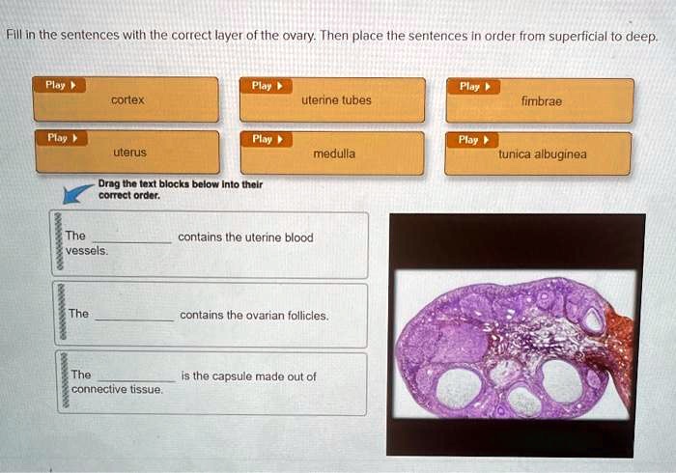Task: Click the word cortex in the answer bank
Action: (x=127, y=100)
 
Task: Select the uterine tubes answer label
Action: (x=336, y=100)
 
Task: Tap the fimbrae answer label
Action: (x=542, y=100)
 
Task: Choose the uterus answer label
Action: (x=129, y=153)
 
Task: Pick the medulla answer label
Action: (x=334, y=153)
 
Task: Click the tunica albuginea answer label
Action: (x=542, y=153)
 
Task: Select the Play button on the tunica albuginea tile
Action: (x=473, y=140)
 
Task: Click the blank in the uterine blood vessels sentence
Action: (x=132, y=238)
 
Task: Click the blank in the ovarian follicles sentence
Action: (x=134, y=316)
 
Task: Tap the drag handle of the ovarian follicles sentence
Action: (x=59, y=315)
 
